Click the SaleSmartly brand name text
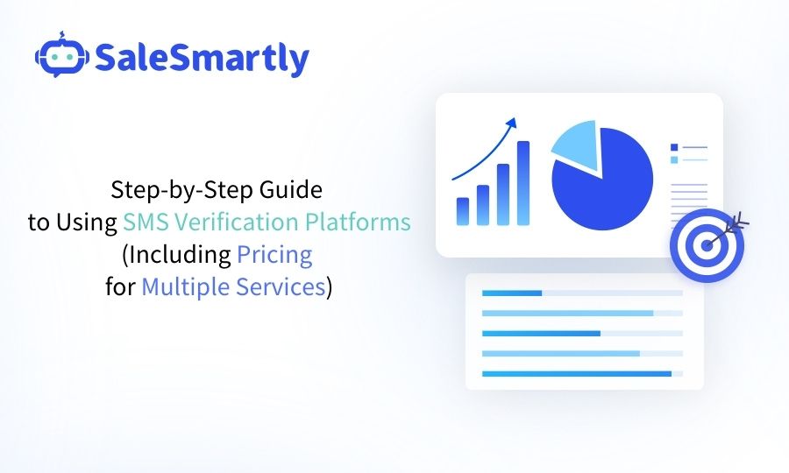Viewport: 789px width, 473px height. click(x=201, y=59)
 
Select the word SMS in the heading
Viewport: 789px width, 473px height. click(x=144, y=222)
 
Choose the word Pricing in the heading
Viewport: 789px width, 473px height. click(x=274, y=255)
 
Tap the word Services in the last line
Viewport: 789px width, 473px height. click(x=281, y=287)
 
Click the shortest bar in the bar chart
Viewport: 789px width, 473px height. click(x=463, y=210)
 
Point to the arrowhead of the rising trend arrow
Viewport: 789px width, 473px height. click(x=514, y=122)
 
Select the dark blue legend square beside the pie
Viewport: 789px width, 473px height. click(x=674, y=147)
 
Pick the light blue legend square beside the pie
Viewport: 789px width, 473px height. click(x=674, y=160)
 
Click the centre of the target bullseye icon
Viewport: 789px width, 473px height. click(x=706, y=244)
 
